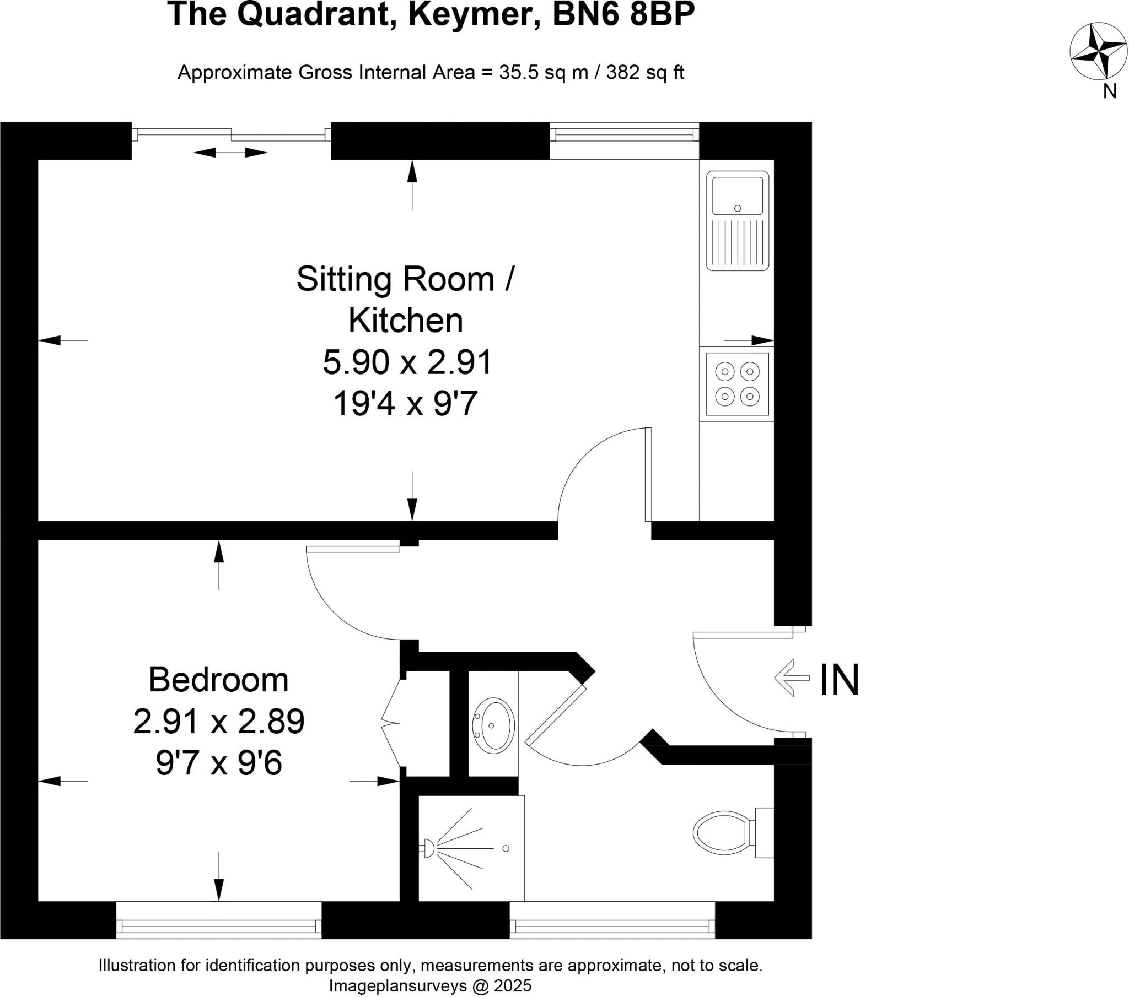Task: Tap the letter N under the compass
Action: [x=1110, y=91]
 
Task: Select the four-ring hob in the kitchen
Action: [x=738, y=384]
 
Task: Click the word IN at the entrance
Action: [x=839, y=680]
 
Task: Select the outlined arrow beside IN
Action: [x=792, y=678]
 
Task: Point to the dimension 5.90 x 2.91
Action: [x=407, y=363]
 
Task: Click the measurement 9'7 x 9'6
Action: [x=219, y=764]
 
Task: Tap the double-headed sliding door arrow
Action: [x=230, y=153]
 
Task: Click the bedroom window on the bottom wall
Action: [x=219, y=924]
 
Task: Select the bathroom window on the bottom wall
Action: [x=612, y=924]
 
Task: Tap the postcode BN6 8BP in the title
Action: [x=623, y=15]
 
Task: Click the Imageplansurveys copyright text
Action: [x=431, y=985]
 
